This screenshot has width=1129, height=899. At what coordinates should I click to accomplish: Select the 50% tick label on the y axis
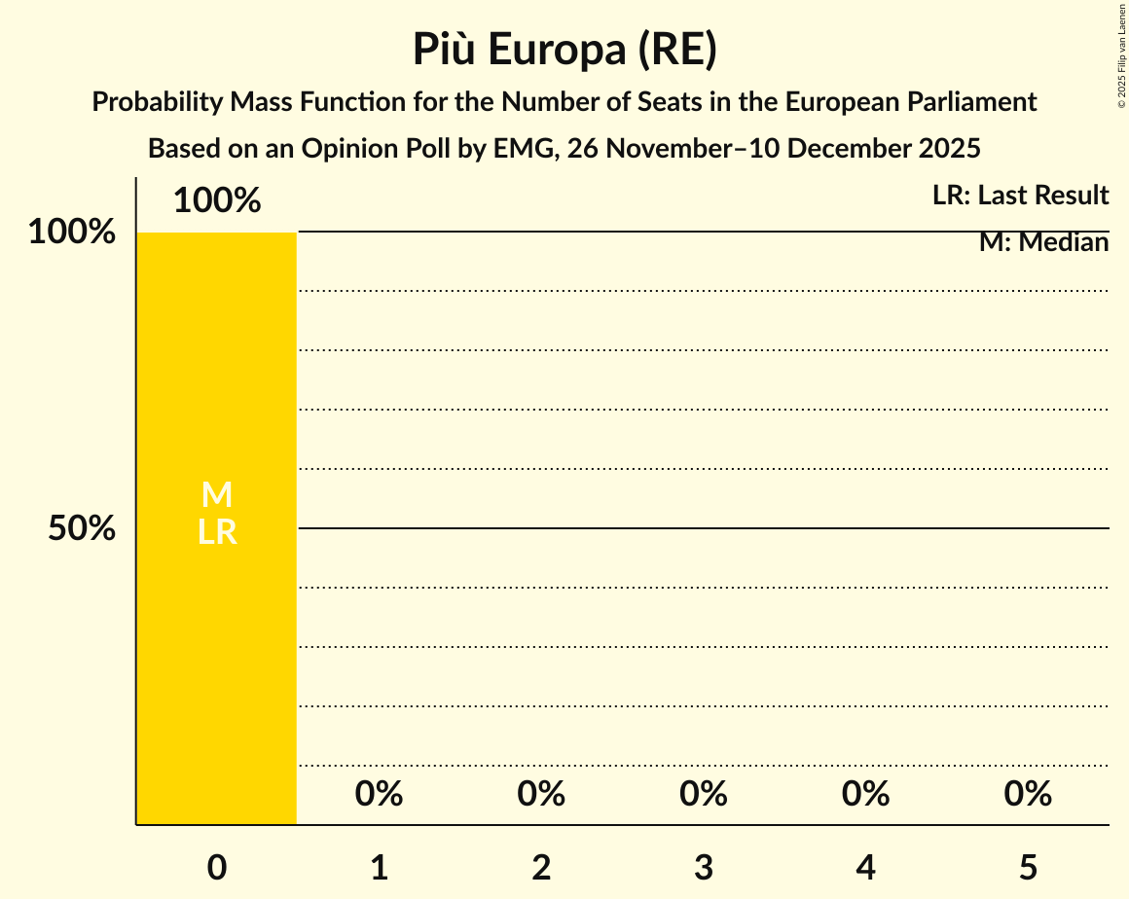pyautogui.click(x=82, y=528)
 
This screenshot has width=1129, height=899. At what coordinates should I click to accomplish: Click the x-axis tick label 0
pyautogui.click(x=217, y=868)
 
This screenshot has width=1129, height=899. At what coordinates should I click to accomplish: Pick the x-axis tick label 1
pyautogui.click(x=380, y=868)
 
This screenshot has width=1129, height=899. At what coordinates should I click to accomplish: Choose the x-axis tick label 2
pyautogui.click(x=541, y=868)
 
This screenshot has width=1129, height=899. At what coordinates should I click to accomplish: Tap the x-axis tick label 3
pyautogui.click(x=704, y=868)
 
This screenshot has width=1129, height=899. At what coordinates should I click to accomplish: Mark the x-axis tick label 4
pyautogui.click(x=866, y=868)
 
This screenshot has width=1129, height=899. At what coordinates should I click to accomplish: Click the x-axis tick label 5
pyautogui.click(x=1029, y=868)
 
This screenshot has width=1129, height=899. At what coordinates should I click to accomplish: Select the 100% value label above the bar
pyautogui.click(x=217, y=201)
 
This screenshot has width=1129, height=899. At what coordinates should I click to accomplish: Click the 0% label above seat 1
pyautogui.click(x=380, y=795)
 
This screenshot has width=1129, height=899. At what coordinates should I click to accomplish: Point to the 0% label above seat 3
pyautogui.click(x=704, y=795)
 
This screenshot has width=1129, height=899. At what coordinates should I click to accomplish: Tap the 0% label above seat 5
pyautogui.click(x=1029, y=795)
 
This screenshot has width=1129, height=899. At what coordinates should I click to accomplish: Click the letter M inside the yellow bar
pyautogui.click(x=217, y=495)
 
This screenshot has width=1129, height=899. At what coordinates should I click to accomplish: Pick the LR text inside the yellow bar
pyautogui.click(x=217, y=532)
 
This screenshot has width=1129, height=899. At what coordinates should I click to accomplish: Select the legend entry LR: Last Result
pyautogui.click(x=1020, y=196)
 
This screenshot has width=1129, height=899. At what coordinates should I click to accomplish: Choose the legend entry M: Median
pyautogui.click(x=1043, y=242)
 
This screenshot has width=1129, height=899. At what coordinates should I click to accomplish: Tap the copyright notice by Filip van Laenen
pyautogui.click(x=1121, y=55)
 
